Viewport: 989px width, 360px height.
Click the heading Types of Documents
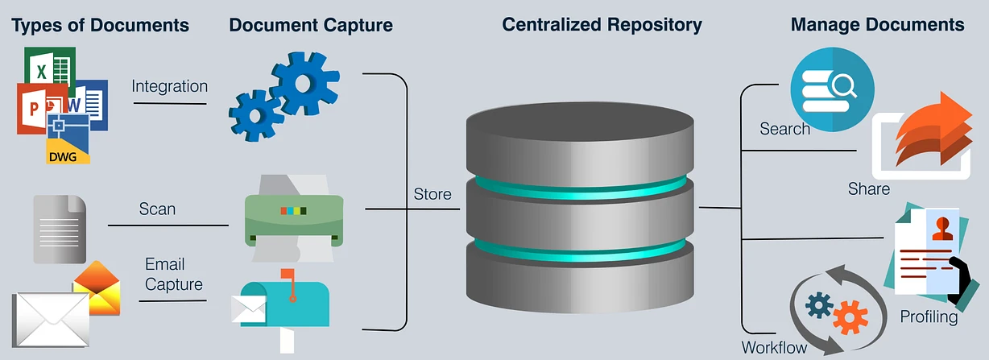pos(101,25)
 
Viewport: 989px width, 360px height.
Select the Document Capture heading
pos(311,25)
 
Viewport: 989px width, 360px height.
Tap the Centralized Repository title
pos(602,24)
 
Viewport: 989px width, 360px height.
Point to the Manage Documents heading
pos(877,24)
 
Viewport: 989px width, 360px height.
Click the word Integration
pos(170,86)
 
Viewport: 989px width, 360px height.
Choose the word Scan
pos(157,209)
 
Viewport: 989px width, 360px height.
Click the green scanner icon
pos(293,213)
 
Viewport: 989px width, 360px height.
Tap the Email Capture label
pos(173,274)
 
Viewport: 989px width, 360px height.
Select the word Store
pos(432,194)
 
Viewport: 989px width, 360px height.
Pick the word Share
pos(868,189)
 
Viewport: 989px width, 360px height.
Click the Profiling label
pos(929,317)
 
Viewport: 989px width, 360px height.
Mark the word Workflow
pos(774,348)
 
